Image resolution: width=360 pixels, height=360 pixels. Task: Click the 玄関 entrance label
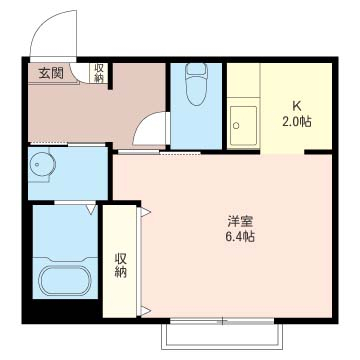[51, 73]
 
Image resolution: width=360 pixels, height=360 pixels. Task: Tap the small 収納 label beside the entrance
[99, 73]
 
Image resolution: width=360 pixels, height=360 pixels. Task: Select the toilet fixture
[197, 84]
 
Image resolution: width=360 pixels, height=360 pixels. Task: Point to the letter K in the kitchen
[297, 107]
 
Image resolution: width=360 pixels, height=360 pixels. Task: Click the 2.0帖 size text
[297, 122]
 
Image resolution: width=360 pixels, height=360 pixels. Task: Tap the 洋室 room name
[240, 221]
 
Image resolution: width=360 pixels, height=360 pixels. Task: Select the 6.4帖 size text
[240, 237]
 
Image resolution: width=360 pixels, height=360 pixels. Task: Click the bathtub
[65, 280]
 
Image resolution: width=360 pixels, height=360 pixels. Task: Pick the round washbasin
[42, 164]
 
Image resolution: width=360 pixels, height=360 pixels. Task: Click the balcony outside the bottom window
[222, 337]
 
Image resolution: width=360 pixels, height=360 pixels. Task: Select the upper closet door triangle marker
[146, 212]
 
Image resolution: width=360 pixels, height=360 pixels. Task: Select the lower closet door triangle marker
[146, 311]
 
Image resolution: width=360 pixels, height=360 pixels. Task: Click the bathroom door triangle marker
[91, 209]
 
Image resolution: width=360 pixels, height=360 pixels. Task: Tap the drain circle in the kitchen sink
[236, 126]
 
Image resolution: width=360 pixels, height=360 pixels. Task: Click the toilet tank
[197, 69]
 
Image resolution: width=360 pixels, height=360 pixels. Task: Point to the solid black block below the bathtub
[63, 310]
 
